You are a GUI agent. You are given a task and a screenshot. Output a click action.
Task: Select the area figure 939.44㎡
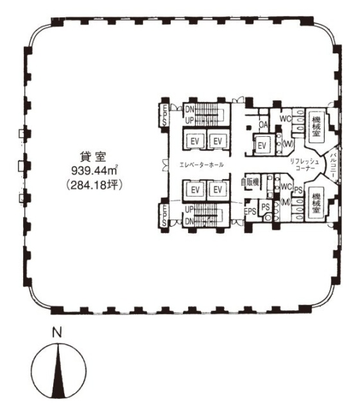tap(97, 171)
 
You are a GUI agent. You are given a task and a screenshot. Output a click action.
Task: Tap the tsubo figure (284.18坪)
tap(98, 184)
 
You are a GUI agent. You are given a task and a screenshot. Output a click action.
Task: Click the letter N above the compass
tap(57, 333)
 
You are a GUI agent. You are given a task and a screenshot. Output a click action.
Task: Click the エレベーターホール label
tap(202, 165)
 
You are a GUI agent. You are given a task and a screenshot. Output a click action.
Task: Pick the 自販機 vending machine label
tap(250, 182)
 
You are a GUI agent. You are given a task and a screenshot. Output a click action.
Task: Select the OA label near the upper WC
tap(262, 125)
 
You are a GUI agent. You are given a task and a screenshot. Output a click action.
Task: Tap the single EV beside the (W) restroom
tap(262, 146)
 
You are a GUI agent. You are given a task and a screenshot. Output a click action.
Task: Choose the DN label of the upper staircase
tap(189, 110)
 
